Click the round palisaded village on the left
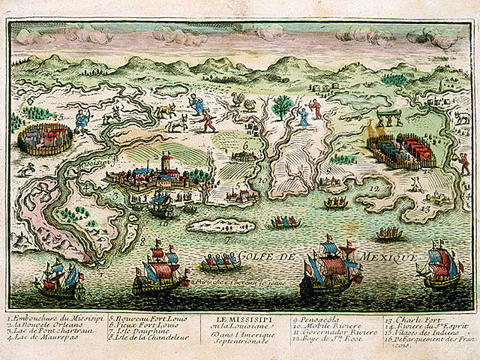pos(46,138)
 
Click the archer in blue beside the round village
pos(82,119)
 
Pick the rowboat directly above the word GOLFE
pos(285,221)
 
